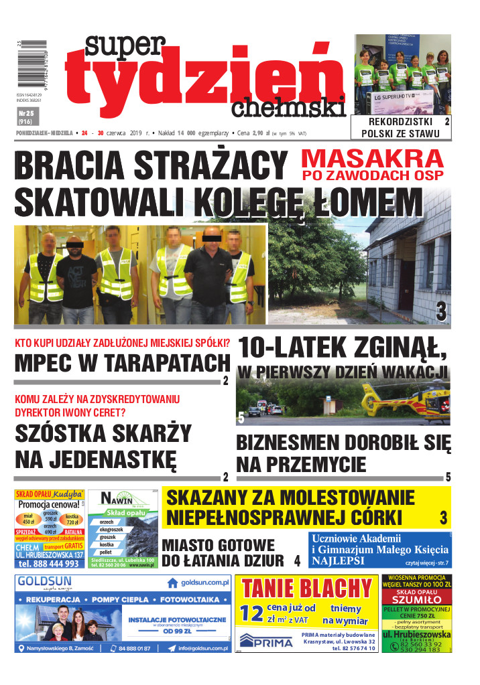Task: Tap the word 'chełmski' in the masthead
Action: [x=289, y=106]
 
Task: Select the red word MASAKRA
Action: [x=372, y=159]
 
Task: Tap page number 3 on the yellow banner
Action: [x=443, y=518]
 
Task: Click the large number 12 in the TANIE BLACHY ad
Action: [x=253, y=612]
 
